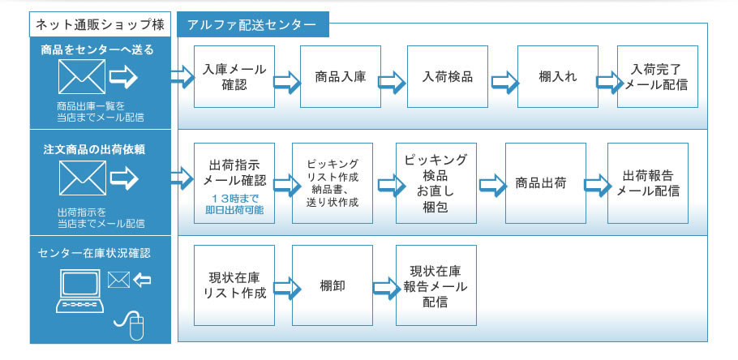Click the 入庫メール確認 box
tap(234, 76)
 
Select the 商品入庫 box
tap(340, 76)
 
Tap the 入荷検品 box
tap(448, 76)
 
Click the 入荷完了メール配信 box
tap(657, 76)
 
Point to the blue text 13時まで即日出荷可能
tap(234, 204)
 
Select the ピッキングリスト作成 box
tap(333, 183)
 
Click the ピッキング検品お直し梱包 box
tap(436, 183)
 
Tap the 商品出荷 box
tap(545, 183)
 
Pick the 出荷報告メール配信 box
tap(647, 183)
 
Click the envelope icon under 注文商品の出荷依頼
tap(82, 178)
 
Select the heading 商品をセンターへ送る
tap(98, 50)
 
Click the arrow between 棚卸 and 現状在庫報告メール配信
tap(384, 286)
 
